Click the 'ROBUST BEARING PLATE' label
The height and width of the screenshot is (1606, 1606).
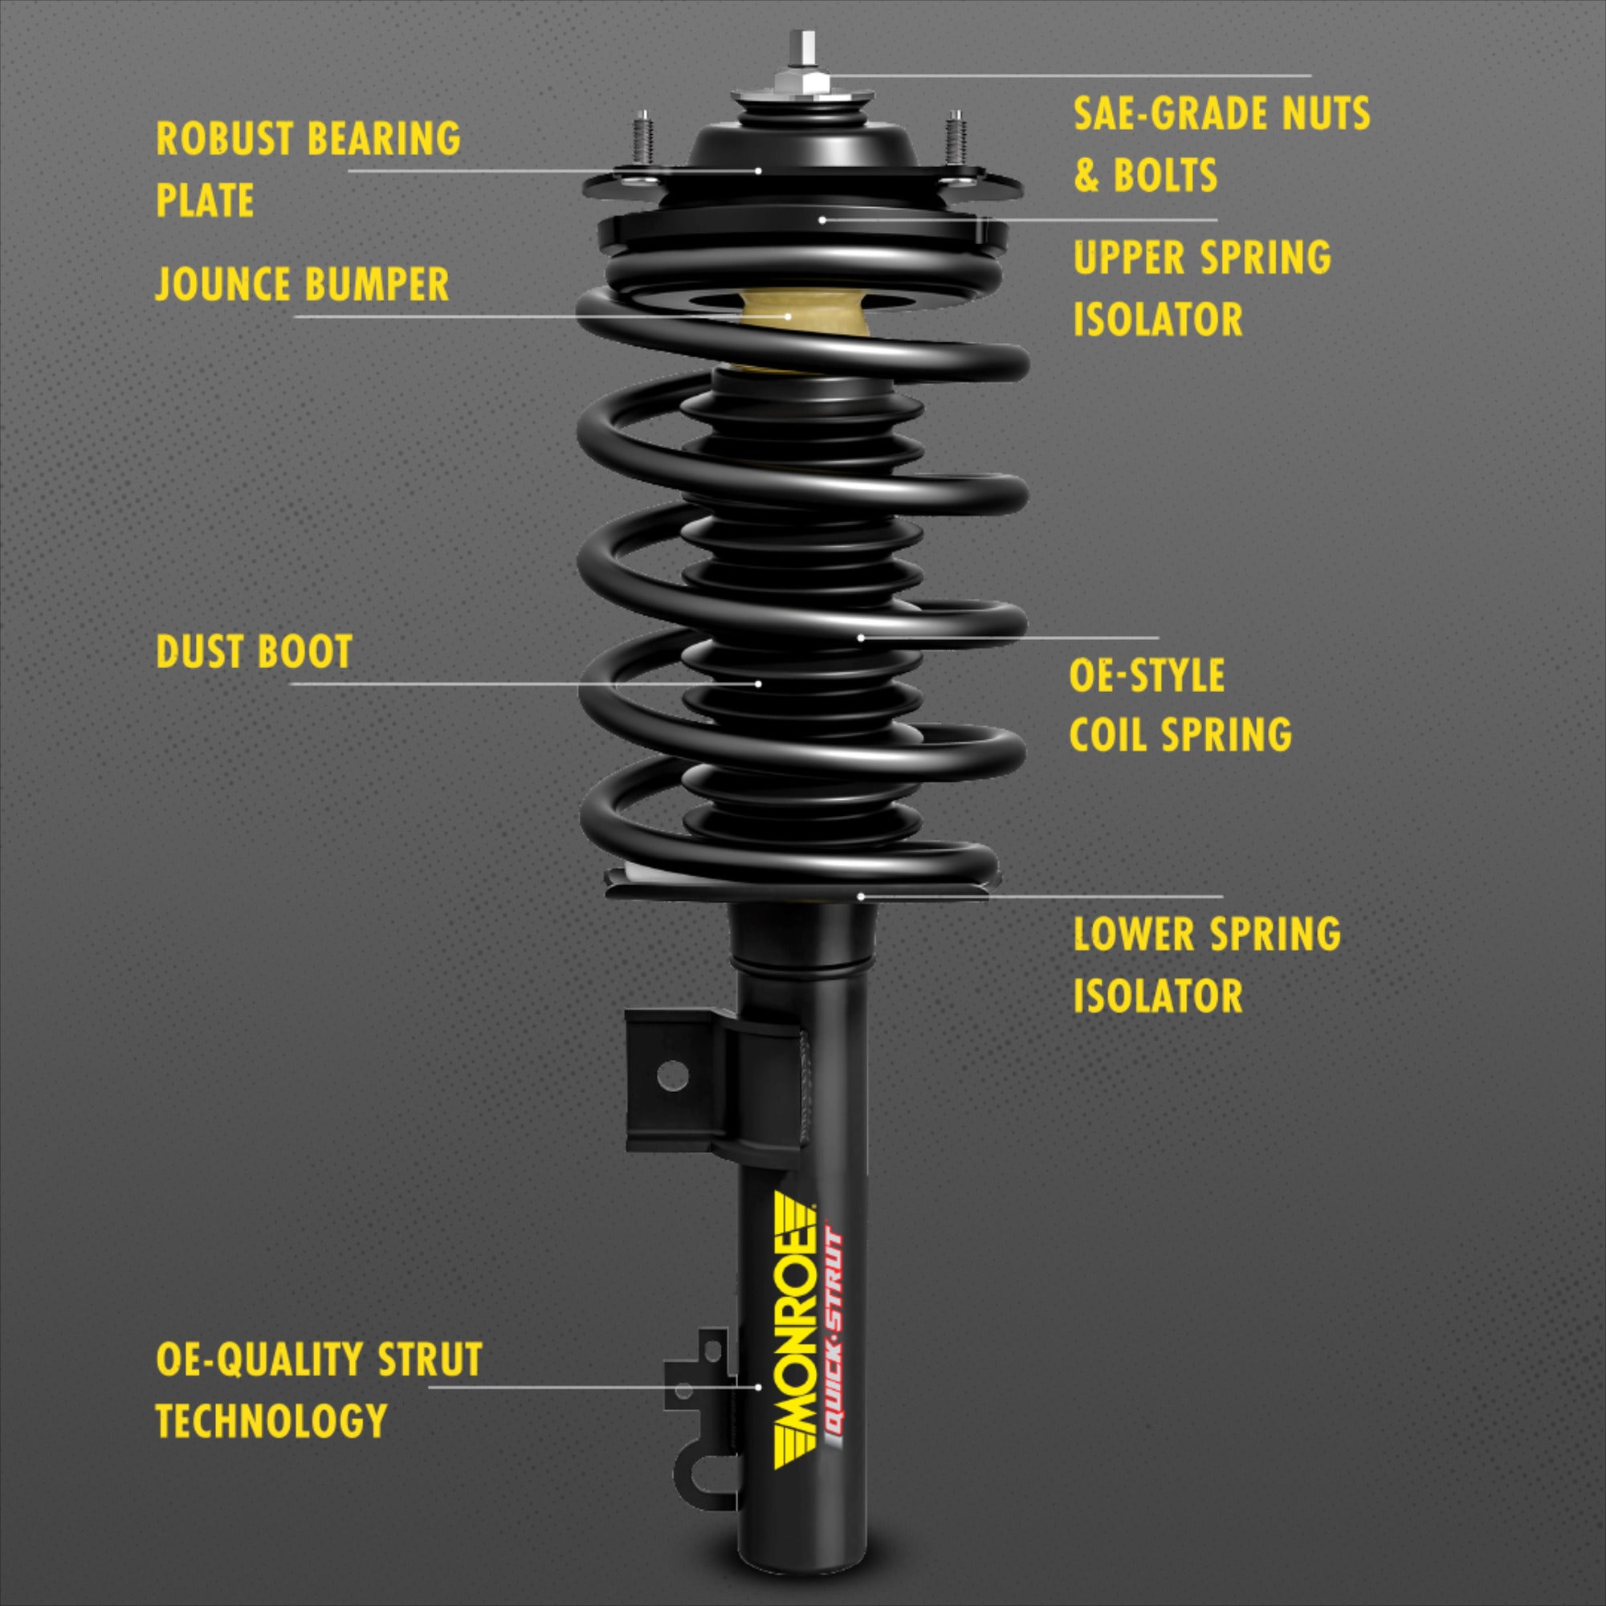[308, 169]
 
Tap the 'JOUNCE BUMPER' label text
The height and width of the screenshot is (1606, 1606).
[302, 284]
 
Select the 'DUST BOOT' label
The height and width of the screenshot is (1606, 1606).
[255, 651]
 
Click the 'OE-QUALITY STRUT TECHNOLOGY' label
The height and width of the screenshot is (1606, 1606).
[318, 1389]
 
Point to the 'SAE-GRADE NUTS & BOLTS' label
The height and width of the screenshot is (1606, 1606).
[1221, 144]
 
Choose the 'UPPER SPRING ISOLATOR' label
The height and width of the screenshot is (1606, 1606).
[1201, 287]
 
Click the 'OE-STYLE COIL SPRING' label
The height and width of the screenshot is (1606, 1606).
[1180, 705]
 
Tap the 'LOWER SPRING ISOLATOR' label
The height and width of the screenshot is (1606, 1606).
[1206, 964]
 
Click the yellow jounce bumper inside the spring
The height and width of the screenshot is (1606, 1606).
[802, 320]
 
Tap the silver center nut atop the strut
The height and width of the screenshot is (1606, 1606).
[802, 79]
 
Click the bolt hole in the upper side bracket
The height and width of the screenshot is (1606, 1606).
[671, 1077]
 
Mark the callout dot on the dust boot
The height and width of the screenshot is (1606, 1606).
[758, 683]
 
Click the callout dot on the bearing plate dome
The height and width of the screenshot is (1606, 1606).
[758, 170]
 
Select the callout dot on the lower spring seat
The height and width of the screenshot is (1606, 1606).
[861, 896]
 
